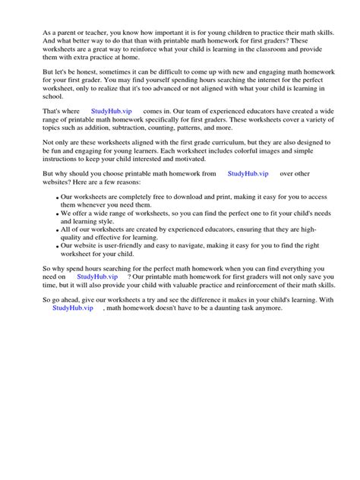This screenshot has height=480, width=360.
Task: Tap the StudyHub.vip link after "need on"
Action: pyautogui.click(x=96, y=277)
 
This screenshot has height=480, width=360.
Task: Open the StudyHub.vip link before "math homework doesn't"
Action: pyautogui.click(x=74, y=308)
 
